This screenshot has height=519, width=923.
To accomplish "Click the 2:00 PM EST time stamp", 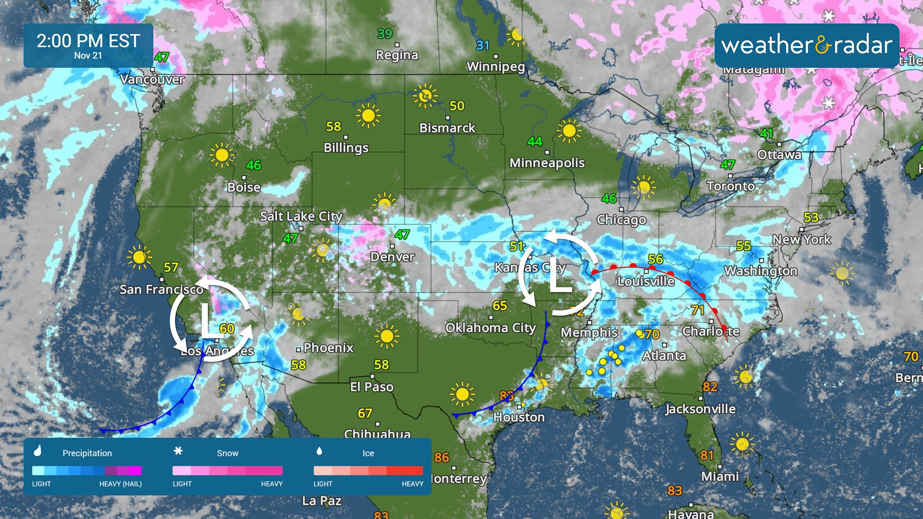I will pos(88,41).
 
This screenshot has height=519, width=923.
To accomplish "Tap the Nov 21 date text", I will pos(88,56).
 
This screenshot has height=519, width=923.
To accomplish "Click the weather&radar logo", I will pos(807,45).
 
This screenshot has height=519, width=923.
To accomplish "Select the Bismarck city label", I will pos(447,128).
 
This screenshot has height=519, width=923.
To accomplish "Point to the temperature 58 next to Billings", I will pos(334,126).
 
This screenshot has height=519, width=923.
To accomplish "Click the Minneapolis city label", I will pos(547,163).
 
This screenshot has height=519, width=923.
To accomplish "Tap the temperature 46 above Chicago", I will pos(609,198).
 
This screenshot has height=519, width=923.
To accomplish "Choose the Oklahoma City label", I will pos(490,328).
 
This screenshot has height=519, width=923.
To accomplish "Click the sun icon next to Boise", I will pos(222,155).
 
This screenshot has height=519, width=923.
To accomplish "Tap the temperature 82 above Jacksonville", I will pos(710,387).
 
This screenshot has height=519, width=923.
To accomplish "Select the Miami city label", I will pos(720,476).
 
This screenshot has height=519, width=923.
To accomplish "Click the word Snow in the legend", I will pos(227,453).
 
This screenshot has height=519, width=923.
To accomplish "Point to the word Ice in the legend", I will pos(368,453).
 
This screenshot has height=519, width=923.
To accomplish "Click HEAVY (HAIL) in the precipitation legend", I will pos(120,484).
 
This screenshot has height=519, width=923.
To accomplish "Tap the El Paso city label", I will pos(372,387).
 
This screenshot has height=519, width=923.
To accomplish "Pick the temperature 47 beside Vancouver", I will pos(162,57).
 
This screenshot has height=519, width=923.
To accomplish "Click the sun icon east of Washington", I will pos(842,273).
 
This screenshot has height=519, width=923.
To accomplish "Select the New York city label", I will pos(801,239).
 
